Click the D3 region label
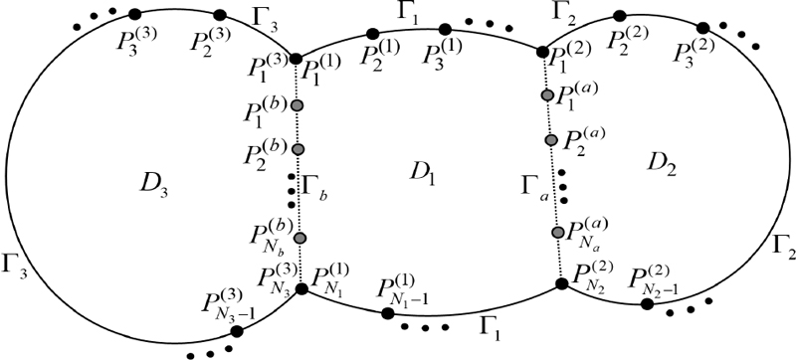pos(155,181)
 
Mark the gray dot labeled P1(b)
pos(297,105)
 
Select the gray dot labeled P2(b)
pos(297,149)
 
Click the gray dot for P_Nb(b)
pos(298,238)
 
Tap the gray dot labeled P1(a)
pos(546,94)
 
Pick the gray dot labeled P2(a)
pos(551,139)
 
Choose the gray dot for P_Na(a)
pos(557,233)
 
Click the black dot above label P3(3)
pos(135,14)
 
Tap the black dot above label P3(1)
pos(444,28)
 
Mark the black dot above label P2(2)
pos(619,17)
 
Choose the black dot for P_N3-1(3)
pos(236,331)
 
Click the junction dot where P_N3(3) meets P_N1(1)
pos(301,288)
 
